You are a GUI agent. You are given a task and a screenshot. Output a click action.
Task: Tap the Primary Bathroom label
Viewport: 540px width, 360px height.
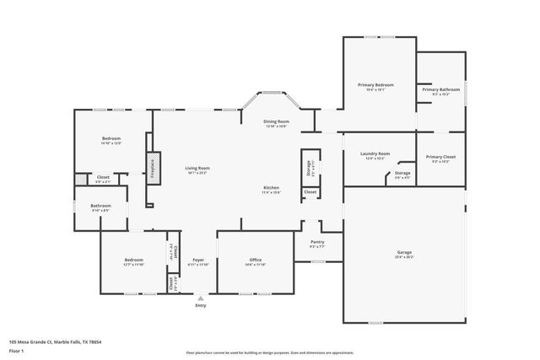coord(440,89)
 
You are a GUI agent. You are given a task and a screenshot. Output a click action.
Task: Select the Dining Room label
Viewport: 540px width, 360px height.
coord(276,122)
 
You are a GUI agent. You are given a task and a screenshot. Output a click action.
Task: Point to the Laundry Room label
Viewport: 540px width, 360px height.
coord(375,154)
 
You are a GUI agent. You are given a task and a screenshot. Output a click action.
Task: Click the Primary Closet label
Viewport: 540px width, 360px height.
coord(440,157)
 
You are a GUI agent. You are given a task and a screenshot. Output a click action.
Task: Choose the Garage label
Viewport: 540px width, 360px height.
coord(404,252)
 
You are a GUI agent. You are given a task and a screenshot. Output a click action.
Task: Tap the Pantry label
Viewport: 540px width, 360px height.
coord(316,243)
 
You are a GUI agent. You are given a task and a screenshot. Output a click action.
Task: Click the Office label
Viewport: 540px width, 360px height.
coord(256,260)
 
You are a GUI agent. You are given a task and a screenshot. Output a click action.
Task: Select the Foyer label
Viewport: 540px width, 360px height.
coord(198,260)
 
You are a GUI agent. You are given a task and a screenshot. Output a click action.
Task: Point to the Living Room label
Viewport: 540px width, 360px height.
coord(197,169)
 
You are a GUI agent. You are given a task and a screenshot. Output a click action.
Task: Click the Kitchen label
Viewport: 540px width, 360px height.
coord(271,187)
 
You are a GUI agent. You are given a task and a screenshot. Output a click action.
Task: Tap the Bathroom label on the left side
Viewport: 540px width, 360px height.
coord(101,206)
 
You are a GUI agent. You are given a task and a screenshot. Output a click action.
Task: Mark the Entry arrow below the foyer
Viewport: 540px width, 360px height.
coord(200,297)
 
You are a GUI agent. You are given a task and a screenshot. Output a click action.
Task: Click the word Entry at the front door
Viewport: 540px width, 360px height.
coord(200,305)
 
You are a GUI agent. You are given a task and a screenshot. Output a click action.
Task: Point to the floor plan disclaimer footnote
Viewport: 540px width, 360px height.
coord(269,353)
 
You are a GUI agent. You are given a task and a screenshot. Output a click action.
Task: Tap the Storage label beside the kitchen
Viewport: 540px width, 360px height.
coord(309,165)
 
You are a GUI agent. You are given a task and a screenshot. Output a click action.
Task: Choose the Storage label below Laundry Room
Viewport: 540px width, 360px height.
coord(402,174)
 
